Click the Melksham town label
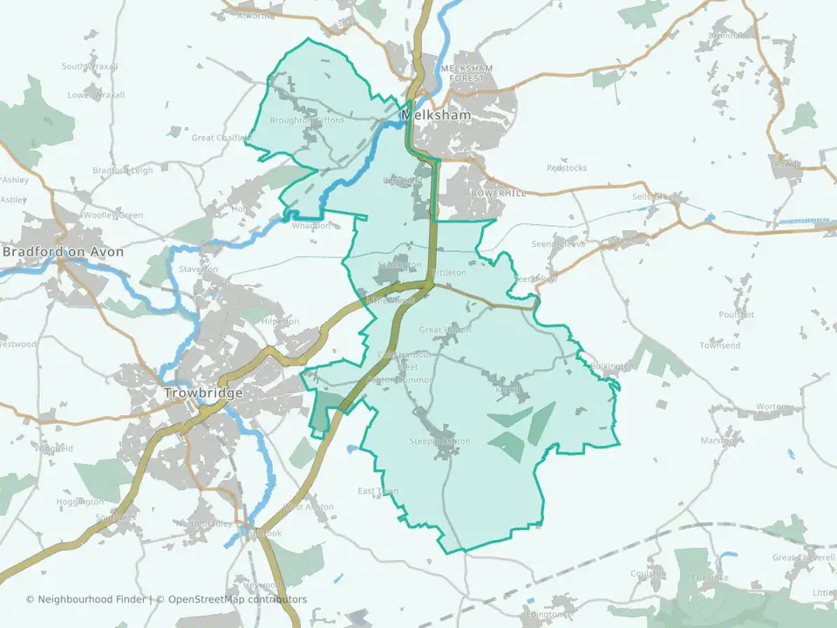[x=436, y=115]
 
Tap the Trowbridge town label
[x=202, y=393]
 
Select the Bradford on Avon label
[x=63, y=252]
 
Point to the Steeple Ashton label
[x=439, y=441]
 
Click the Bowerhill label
[x=498, y=193]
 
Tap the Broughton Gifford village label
[x=307, y=120]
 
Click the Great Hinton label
[x=445, y=330]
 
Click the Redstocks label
[x=567, y=167]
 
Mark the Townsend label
[x=720, y=346]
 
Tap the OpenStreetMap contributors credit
[x=237, y=599]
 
